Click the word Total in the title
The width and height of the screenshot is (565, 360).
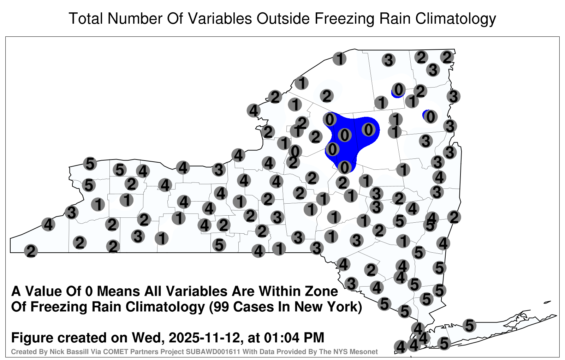86,18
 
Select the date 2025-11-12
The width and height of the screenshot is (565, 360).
204,337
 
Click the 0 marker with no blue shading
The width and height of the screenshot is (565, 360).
295,151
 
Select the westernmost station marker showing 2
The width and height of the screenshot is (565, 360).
31,251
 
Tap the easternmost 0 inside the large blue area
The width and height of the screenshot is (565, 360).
369,130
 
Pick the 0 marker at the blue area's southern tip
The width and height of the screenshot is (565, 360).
345,167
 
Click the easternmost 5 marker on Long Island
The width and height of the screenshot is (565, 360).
469,325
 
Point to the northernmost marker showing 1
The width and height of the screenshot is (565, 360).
339,59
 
